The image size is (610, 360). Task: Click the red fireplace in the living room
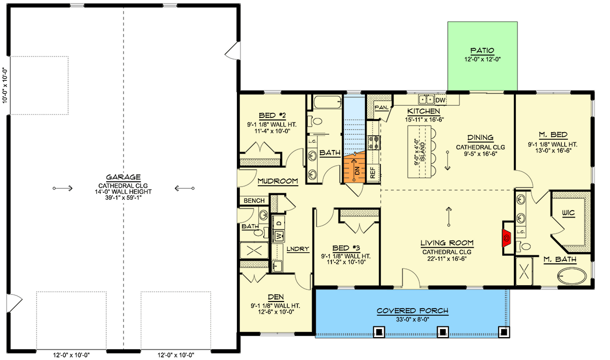506,238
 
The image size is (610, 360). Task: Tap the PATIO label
482,51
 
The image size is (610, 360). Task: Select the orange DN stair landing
354,168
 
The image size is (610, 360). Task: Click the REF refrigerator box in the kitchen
373,172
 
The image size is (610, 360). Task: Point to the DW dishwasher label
440,100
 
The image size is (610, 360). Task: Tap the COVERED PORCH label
412,311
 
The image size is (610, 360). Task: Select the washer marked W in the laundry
279,236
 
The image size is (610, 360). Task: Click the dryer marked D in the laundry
279,223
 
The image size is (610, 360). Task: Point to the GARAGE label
123,177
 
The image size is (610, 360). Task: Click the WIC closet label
568,213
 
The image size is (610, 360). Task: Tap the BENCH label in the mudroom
254,201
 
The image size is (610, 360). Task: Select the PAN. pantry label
382,108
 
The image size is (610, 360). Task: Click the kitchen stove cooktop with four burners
374,143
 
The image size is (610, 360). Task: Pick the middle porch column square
443,332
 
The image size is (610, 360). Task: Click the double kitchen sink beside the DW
426,100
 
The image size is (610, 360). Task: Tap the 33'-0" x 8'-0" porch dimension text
413,319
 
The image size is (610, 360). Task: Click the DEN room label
276,297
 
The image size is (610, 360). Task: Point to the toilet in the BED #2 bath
315,121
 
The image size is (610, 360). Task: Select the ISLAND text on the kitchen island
422,152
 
